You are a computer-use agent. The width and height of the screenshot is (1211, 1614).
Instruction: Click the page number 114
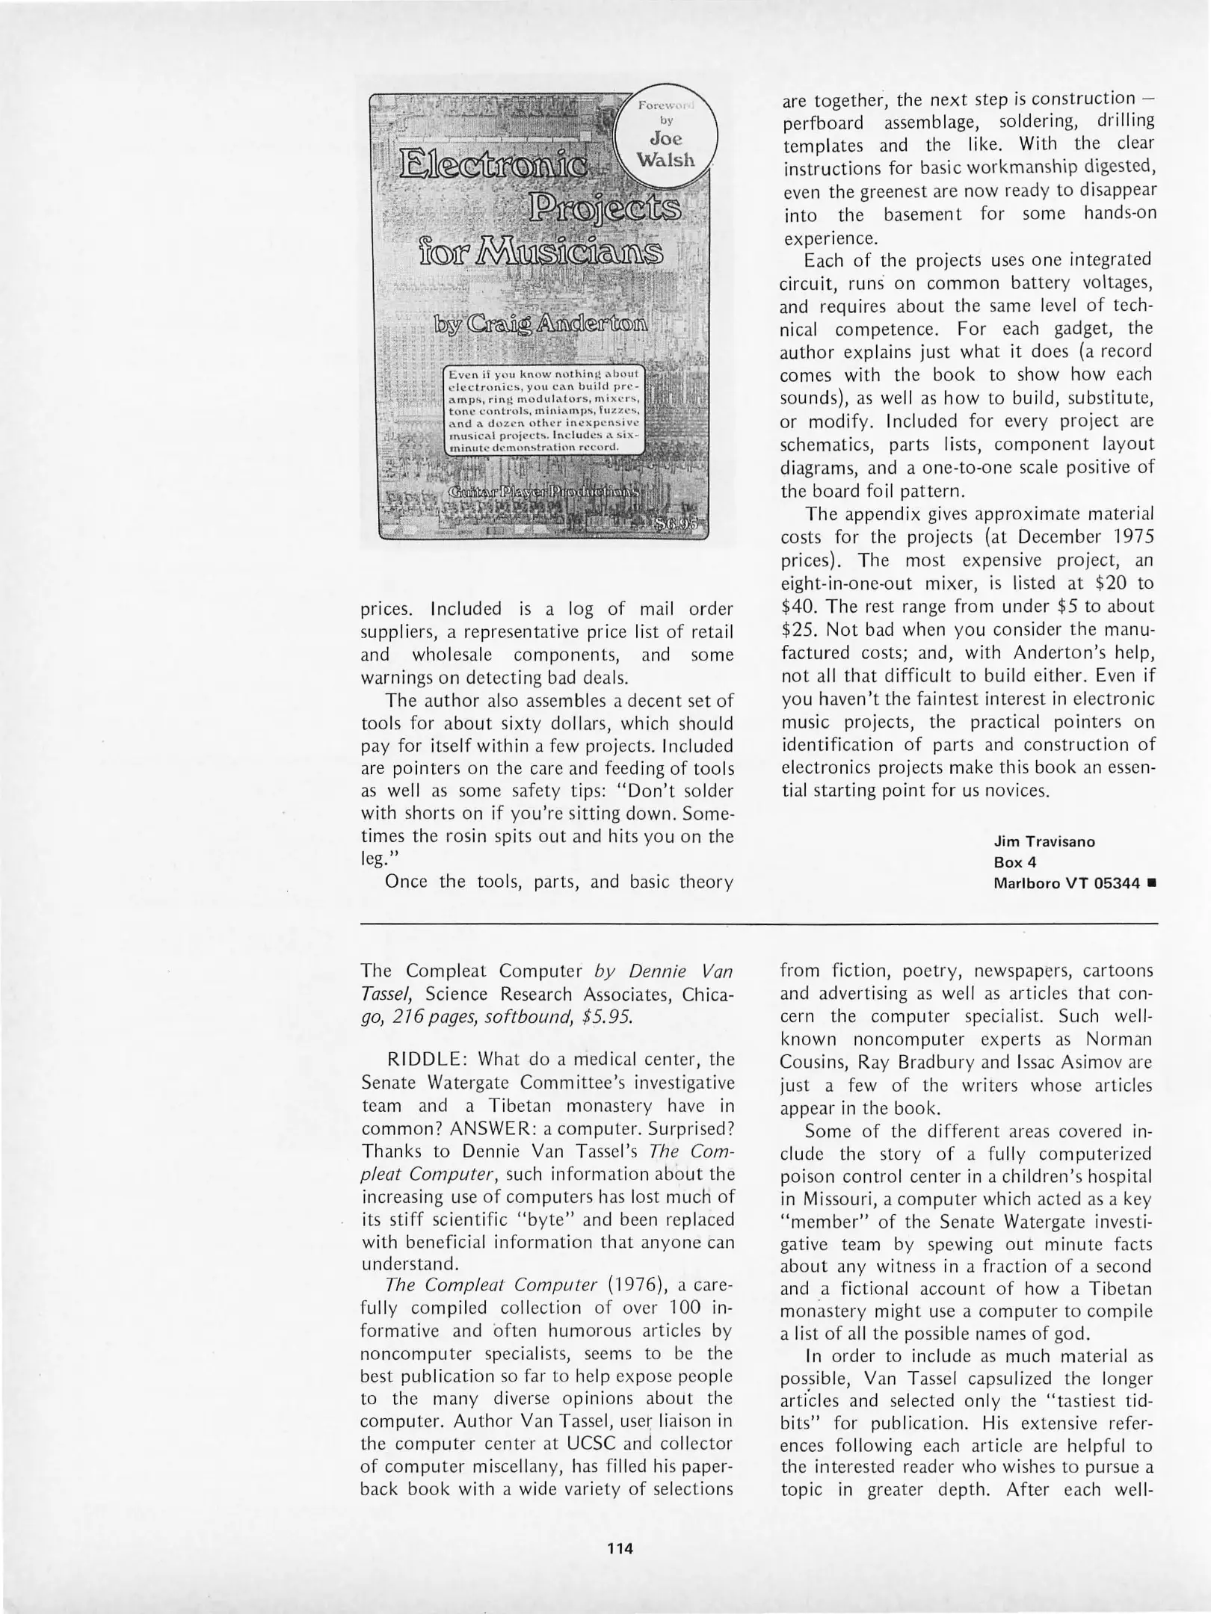[620, 1548]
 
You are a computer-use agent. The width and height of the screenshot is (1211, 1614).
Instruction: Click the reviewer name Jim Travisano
[1044, 841]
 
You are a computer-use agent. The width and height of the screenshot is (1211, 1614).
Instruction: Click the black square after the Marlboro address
[1152, 883]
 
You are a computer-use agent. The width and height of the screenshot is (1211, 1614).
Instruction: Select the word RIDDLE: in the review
[427, 1060]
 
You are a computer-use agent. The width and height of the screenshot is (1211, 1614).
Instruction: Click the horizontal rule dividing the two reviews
[758, 925]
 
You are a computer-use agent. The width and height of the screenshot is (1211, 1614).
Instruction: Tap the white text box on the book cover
[543, 410]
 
